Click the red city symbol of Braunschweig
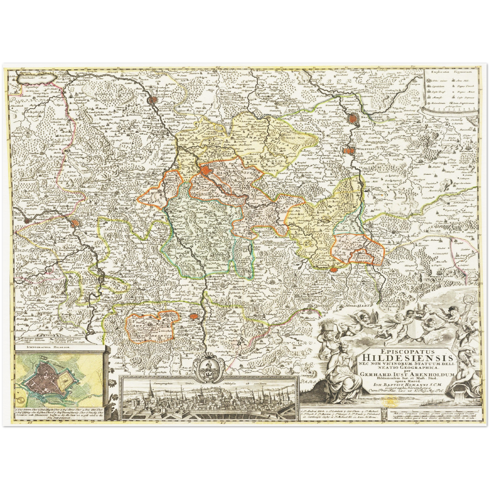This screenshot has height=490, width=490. click(353, 119)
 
